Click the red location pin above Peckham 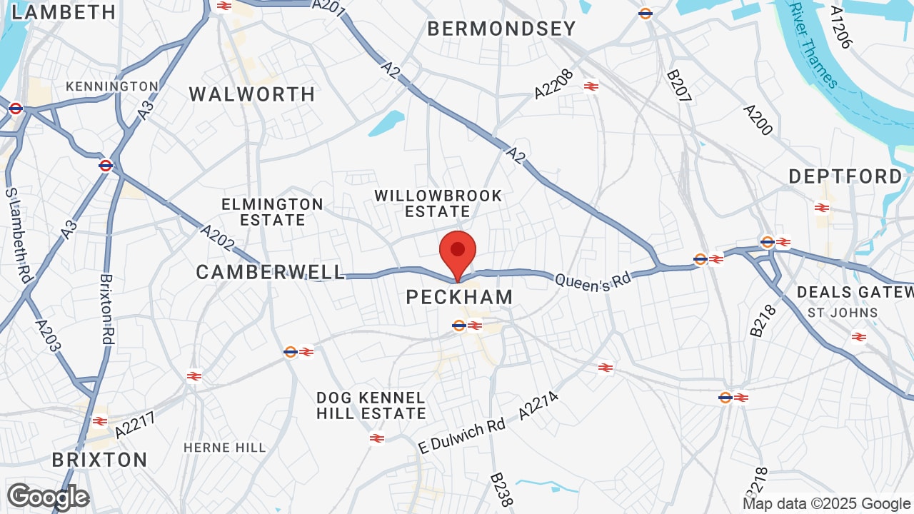click(x=458, y=252)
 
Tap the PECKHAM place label click(x=459, y=297)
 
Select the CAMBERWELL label click(x=271, y=272)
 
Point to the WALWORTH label click(x=252, y=94)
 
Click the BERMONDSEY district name click(x=501, y=29)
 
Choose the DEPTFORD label click(x=846, y=176)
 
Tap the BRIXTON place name click(x=99, y=459)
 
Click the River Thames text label click(x=813, y=44)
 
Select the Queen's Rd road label click(x=593, y=281)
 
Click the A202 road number click(x=217, y=238)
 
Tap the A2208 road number click(x=554, y=84)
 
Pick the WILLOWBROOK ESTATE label click(x=438, y=203)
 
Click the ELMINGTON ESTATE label click(x=272, y=212)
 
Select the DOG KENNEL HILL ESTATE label click(x=371, y=405)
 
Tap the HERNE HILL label click(x=225, y=448)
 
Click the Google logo click(x=48, y=497)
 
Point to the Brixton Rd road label click(x=107, y=310)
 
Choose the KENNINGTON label click(x=112, y=86)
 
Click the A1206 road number click(x=841, y=27)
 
